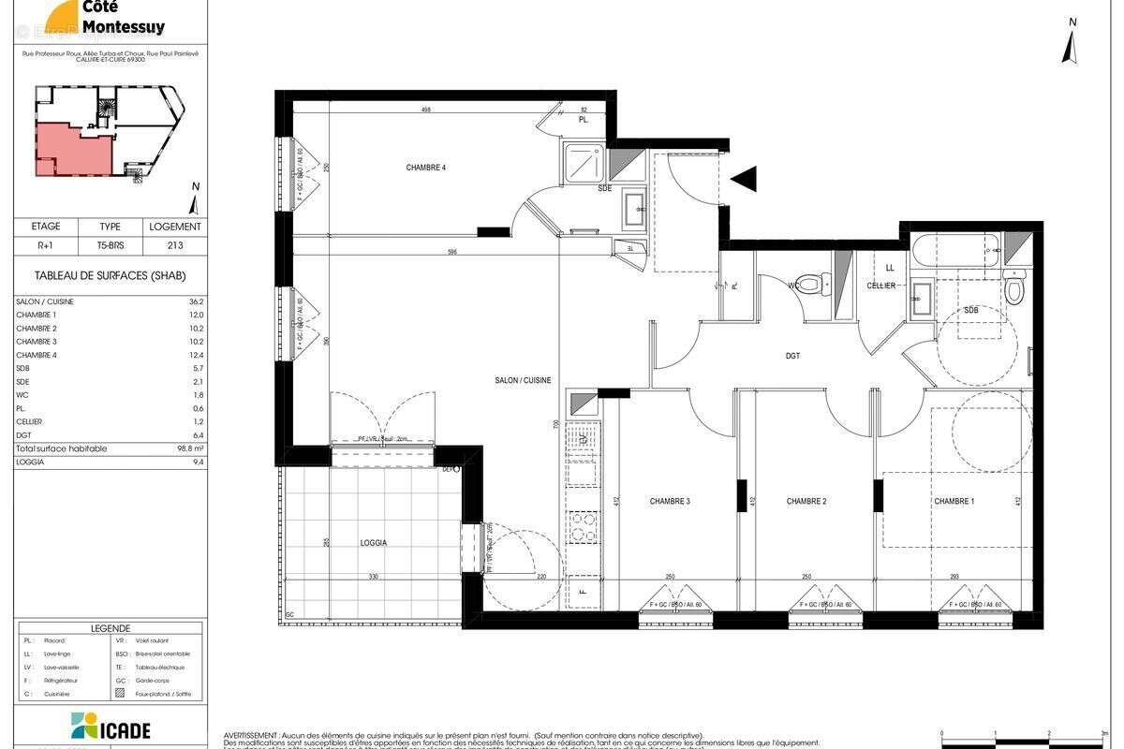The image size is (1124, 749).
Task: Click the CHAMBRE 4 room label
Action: pos(425,168)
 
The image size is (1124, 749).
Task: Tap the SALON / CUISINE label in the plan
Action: pos(523,380)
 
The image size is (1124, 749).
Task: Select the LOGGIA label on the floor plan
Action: pos(373,542)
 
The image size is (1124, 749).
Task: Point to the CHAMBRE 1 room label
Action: pos(954,502)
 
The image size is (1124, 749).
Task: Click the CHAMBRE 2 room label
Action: pos(806,502)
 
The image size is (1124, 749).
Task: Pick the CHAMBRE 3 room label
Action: pos(670,502)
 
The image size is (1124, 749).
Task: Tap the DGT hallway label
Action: pos(792,356)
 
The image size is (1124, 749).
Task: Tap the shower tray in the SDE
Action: pos(585,163)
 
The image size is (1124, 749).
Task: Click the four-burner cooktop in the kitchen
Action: pos(584,526)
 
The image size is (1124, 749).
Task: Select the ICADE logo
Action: pos(111,727)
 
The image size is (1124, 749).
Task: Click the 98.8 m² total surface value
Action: pos(170,448)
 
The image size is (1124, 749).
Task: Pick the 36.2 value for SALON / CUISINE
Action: pos(170,301)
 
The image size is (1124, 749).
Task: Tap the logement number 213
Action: pos(174,245)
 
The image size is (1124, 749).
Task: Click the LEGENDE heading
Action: pos(111,628)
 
